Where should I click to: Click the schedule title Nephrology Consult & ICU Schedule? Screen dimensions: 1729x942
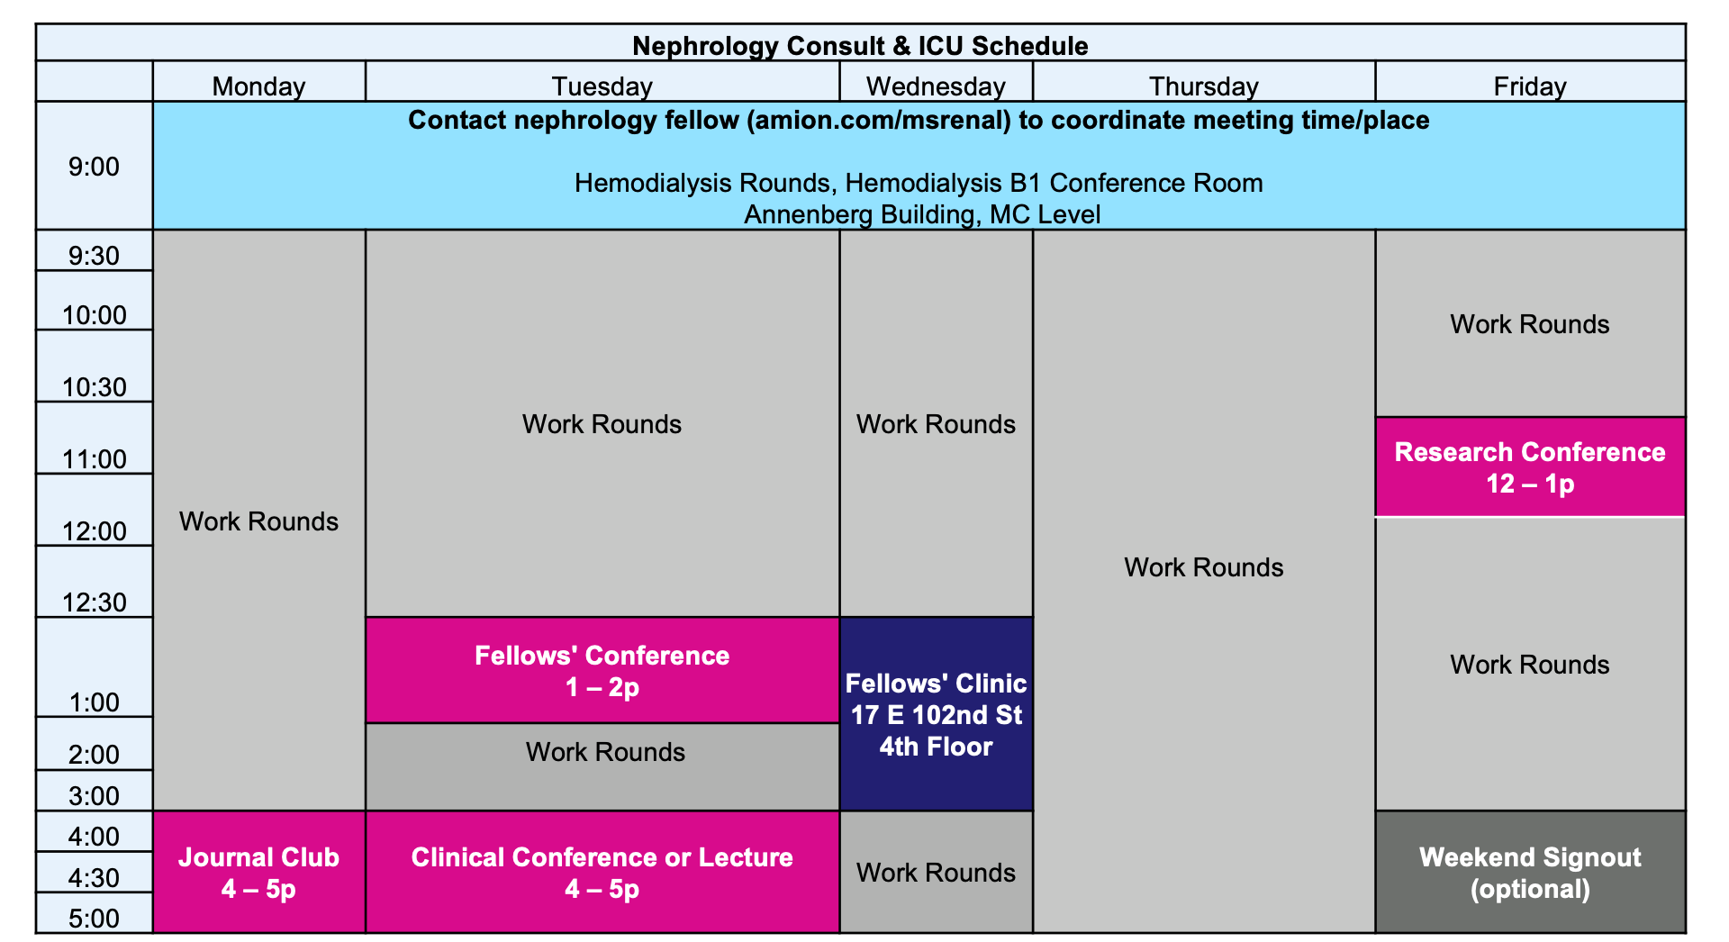pyautogui.click(x=860, y=45)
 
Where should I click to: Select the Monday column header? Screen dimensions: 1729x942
pyautogui.click(x=258, y=86)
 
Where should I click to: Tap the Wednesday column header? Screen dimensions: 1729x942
pyautogui.click(x=936, y=86)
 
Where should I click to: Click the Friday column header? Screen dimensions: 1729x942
pyautogui.click(x=1530, y=86)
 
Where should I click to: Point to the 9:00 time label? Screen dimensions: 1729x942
pyautogui.click(x=94, y=167)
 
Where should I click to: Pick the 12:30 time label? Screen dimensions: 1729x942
pyautogui.click(x=94, y=602)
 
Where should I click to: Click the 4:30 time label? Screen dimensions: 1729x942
pyautogui.click(x=94, y=877)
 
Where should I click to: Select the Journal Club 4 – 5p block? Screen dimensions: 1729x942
pyautogui.click(x=259, y=872)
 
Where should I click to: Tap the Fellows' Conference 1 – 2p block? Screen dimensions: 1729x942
pyautogui.click(x=602, y=670)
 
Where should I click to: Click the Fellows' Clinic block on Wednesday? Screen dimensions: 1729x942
pyautogui.click(x=937, y=714)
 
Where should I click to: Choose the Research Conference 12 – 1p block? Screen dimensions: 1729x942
pyautogui.click(x=1530, y=466)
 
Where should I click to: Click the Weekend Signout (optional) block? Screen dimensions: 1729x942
pyautogui.click(x=1530, y=872)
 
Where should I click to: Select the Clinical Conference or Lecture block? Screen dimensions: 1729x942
pyautogui.click(x=602, y=872)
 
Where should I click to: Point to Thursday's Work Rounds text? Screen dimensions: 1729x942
pyautogui.click(x=1204, y=567)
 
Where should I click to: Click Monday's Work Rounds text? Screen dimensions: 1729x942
pyautogui.click(x=258, y=521)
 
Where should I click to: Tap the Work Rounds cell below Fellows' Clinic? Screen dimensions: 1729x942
pyautogui.click(x=937, y=872)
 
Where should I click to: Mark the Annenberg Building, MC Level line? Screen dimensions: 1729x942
pyautogui.click(x=922, y=214)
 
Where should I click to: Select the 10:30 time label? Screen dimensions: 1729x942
pyautogui.click(x=94, y=386)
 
